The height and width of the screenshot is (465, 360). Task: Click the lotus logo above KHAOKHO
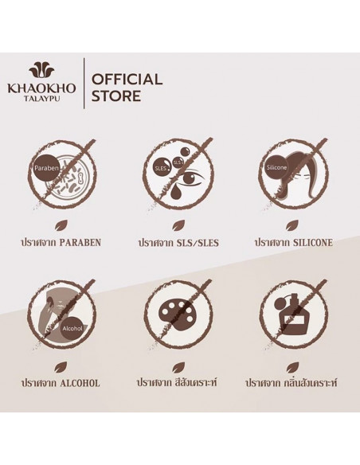41,73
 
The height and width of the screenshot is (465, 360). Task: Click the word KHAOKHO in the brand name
41,88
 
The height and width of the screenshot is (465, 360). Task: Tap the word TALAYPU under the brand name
41,99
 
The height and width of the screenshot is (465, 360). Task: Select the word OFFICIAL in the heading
127,80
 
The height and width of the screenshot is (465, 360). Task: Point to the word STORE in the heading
116,96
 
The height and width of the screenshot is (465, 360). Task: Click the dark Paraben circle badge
46,168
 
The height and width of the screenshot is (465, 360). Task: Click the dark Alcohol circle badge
72,329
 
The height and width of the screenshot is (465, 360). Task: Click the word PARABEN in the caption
80,243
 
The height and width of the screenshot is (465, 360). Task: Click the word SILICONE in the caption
312,243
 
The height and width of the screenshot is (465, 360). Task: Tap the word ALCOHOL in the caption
80,383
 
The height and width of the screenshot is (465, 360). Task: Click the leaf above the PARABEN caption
60,227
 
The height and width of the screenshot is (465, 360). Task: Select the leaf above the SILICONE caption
291,227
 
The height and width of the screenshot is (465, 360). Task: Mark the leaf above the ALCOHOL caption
60,367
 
